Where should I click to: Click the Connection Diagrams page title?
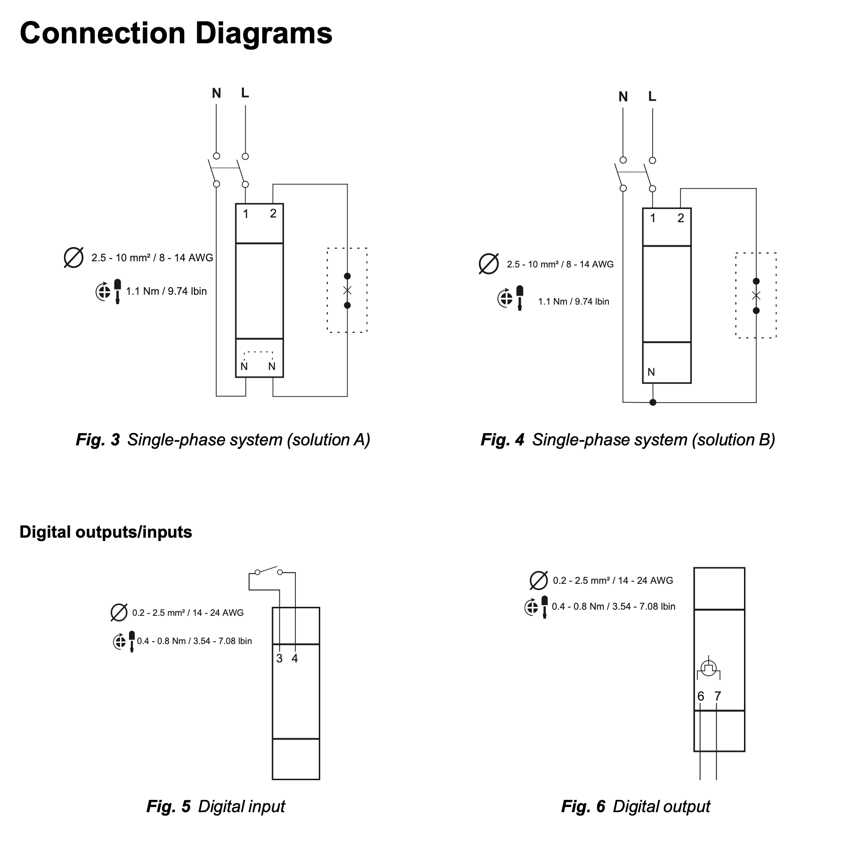(176, 33)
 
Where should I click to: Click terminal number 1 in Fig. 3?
(246, 214)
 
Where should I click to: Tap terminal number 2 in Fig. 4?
(681, 218)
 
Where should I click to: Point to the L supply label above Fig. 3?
(245, 93)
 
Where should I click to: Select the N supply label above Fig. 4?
(623, 97)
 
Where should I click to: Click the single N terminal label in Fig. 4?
(651, 372)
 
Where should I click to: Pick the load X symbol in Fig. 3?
(348, 290)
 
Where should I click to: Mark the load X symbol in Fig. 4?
(756, 296)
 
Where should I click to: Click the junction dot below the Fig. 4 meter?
(653, 402)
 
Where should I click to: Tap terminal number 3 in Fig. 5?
(279, 659)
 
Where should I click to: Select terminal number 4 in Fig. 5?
(295, 659)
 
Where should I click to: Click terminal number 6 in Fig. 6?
(701, 696)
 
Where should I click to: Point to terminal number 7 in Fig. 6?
(718, 696)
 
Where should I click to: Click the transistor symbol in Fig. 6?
(709, 669)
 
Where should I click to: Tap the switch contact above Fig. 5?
(269, 572)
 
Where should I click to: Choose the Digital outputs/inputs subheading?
(106, 532)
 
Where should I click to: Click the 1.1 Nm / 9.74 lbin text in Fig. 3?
(167, 291)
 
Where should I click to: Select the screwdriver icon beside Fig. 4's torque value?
(519, 298)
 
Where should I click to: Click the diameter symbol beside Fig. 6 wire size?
(539, 581)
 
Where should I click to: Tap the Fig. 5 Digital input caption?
(216, 807)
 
